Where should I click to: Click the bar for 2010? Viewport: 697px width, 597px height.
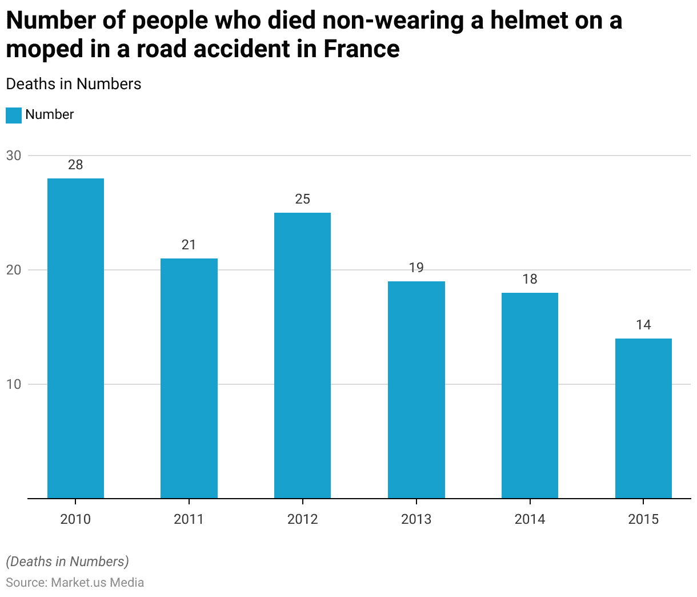75,338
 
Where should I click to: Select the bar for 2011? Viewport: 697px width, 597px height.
189,378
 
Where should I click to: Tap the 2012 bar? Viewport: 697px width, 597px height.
302,355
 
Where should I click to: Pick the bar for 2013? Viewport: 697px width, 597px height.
416,389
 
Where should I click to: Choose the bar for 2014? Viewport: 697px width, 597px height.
530,395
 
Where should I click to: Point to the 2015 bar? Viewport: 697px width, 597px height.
643,418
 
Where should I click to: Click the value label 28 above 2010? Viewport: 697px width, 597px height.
75,165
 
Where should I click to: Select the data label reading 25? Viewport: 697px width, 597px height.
302,199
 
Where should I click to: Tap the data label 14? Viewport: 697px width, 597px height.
643,325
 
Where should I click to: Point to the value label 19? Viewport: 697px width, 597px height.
416,268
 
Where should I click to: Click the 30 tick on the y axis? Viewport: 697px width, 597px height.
14,156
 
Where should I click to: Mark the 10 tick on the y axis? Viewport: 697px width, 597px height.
14,384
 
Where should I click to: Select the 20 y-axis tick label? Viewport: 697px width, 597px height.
14,270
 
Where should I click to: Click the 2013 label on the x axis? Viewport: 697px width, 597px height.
416,519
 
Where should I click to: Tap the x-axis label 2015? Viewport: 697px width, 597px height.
643,519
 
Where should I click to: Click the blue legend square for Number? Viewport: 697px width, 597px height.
14,115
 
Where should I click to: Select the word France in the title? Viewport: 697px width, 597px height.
362,49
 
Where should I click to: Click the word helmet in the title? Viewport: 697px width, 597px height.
515,21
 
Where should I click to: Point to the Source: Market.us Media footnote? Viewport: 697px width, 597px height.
75,582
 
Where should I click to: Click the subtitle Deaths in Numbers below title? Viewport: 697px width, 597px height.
74,84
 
